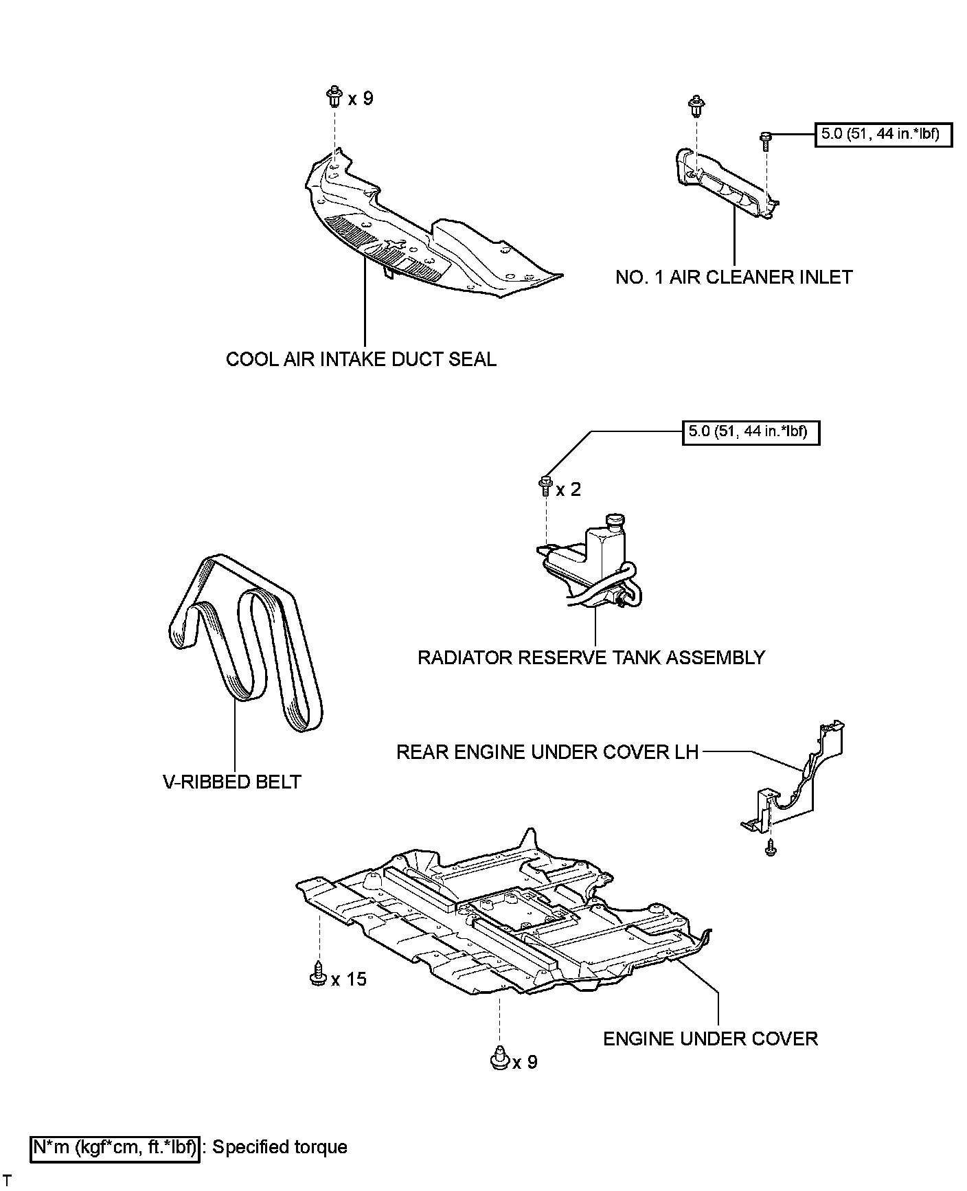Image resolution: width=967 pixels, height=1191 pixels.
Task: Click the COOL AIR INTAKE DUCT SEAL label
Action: pos(361,359)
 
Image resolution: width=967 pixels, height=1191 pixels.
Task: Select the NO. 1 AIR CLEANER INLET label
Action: pos(733,277)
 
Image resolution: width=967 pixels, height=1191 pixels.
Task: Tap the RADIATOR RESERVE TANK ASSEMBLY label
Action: pos(591,657)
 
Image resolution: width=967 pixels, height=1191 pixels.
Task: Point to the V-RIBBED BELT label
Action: pos(232,782)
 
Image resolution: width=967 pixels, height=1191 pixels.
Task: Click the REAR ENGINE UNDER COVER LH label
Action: pos(547,752)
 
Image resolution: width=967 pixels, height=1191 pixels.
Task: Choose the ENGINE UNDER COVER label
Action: pos(710,1038)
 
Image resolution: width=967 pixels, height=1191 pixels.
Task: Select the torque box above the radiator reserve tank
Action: pos(751,433)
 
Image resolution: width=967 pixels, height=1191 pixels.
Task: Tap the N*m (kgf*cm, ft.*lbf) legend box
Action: pos(115,1147)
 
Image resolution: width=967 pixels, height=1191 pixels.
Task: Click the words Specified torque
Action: pos(280,1147)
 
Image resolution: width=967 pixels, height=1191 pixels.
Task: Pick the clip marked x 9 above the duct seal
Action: pos(335,97)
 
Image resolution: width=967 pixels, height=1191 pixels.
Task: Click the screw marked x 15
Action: pos(317,975)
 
